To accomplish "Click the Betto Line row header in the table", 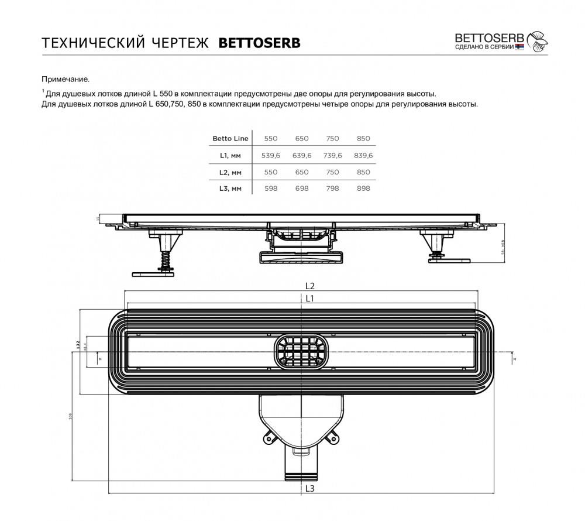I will pos(230,139).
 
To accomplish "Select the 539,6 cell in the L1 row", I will pos(270,155).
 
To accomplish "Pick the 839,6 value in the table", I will pos(363,155).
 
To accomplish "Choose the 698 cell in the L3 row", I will pos(302,188).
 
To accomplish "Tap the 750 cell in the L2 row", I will pos(332,172).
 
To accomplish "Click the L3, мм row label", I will pos(230,188).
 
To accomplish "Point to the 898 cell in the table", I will pos(363,188).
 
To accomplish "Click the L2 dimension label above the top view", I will pos(310,286).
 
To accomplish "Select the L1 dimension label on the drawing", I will pos(310,299).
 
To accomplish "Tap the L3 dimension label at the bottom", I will pos(310,488).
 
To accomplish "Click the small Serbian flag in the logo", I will pos(520,46).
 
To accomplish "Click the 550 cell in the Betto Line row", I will pos(270,139).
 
